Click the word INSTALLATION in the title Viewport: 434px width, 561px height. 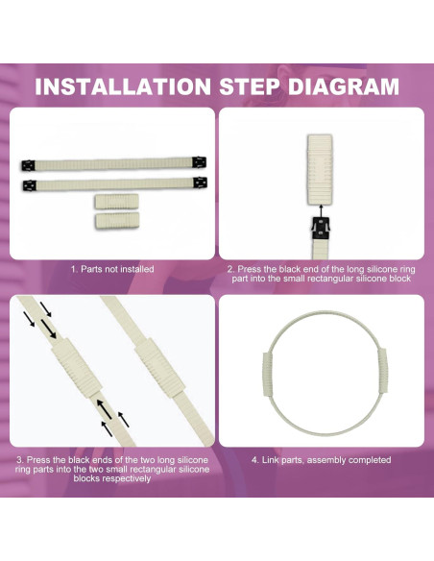tap(123, 86)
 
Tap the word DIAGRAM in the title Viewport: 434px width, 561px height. tap(344, 86)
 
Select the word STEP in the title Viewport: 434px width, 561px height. tap(250, 86)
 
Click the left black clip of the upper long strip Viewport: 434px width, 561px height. tap(28, 165)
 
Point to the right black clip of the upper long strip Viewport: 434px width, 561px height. tap(199, 162)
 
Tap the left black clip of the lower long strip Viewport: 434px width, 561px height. tap(30, 185)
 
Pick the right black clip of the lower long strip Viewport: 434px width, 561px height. tap(201, 183)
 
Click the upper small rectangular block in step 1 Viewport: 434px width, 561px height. tap(116, 202)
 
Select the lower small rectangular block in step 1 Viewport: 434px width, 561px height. tap(117, 221)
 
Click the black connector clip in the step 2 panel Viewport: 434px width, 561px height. tap(321, 229)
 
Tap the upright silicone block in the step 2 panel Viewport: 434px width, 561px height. tap(320, 170)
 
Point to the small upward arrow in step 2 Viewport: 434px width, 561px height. tap(321, 210)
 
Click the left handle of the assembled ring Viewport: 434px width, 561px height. tap(267, 374)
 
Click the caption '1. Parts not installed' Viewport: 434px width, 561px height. tap(112, 269)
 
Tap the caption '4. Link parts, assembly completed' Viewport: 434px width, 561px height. tap(321, 460)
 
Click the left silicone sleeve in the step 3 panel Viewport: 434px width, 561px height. tap(77, 368)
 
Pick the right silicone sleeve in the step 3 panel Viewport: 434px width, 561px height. tap(159, 368)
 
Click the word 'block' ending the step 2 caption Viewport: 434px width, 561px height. tap(400, 279)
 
